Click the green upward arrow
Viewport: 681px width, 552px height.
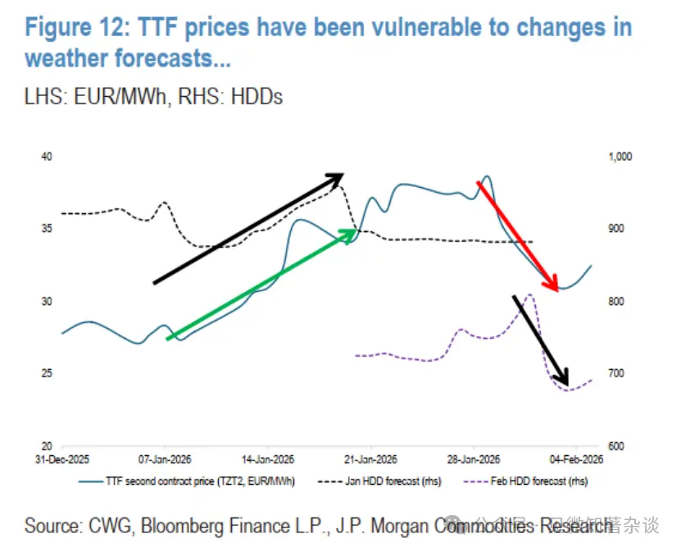(x=261, y=285)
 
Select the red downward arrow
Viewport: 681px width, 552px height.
(x=518, y=235)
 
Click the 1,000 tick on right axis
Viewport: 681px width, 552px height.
(x=616, y=156)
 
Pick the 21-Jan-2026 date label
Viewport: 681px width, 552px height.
(x=370, y=459)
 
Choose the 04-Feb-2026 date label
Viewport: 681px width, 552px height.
(x=577, y=459)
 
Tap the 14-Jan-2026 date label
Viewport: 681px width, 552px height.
(x=266, y=459)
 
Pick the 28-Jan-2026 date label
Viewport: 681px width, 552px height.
(x=474, y=459)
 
